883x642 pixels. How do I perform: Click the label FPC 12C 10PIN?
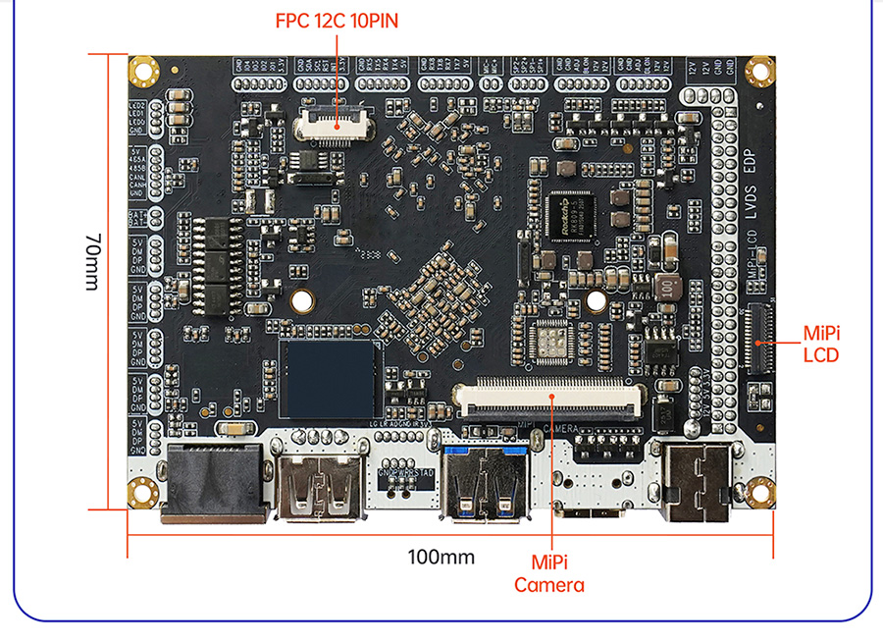(x=337, y=21)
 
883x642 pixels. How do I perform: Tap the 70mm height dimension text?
(x=91, y=261)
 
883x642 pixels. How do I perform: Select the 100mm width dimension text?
(x=441, y=558)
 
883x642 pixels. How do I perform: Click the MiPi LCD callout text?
(x=821, y=344)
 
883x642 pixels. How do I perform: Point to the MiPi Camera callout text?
(x=549, y=574)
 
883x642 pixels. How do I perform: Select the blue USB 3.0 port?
(x=488, y=483)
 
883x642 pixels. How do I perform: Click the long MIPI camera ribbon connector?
(x=549, y=397)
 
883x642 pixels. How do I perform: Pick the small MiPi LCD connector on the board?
(x=756, y=339)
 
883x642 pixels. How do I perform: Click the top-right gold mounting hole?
(x=758, y=70)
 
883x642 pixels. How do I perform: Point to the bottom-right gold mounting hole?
(x=758, y=492)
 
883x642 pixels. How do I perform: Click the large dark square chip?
(x=328, y=379)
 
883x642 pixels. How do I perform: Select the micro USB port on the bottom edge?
(x=587, y=508)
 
